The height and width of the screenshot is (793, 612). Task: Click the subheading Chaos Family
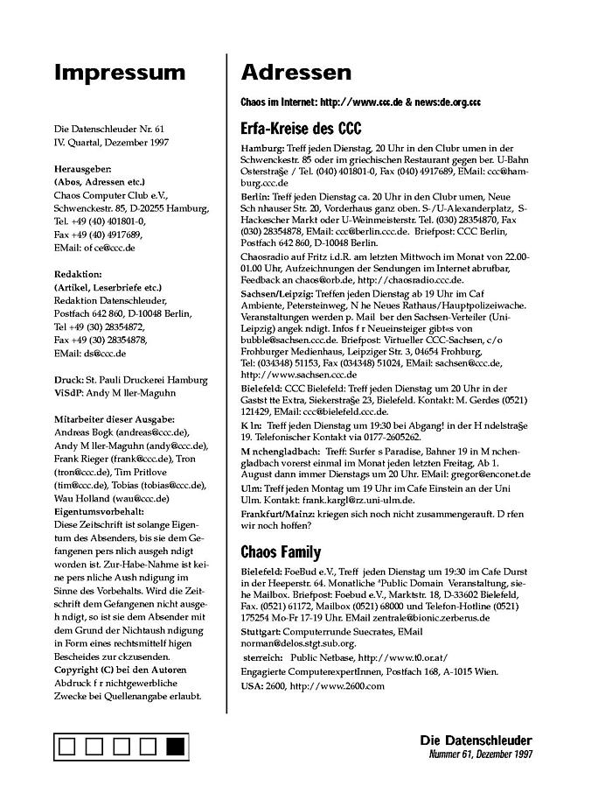(x=281, y=552)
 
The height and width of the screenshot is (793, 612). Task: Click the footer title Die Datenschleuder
(x=476, y=740)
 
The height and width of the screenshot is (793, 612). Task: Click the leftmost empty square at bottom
(x=68, y=747)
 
